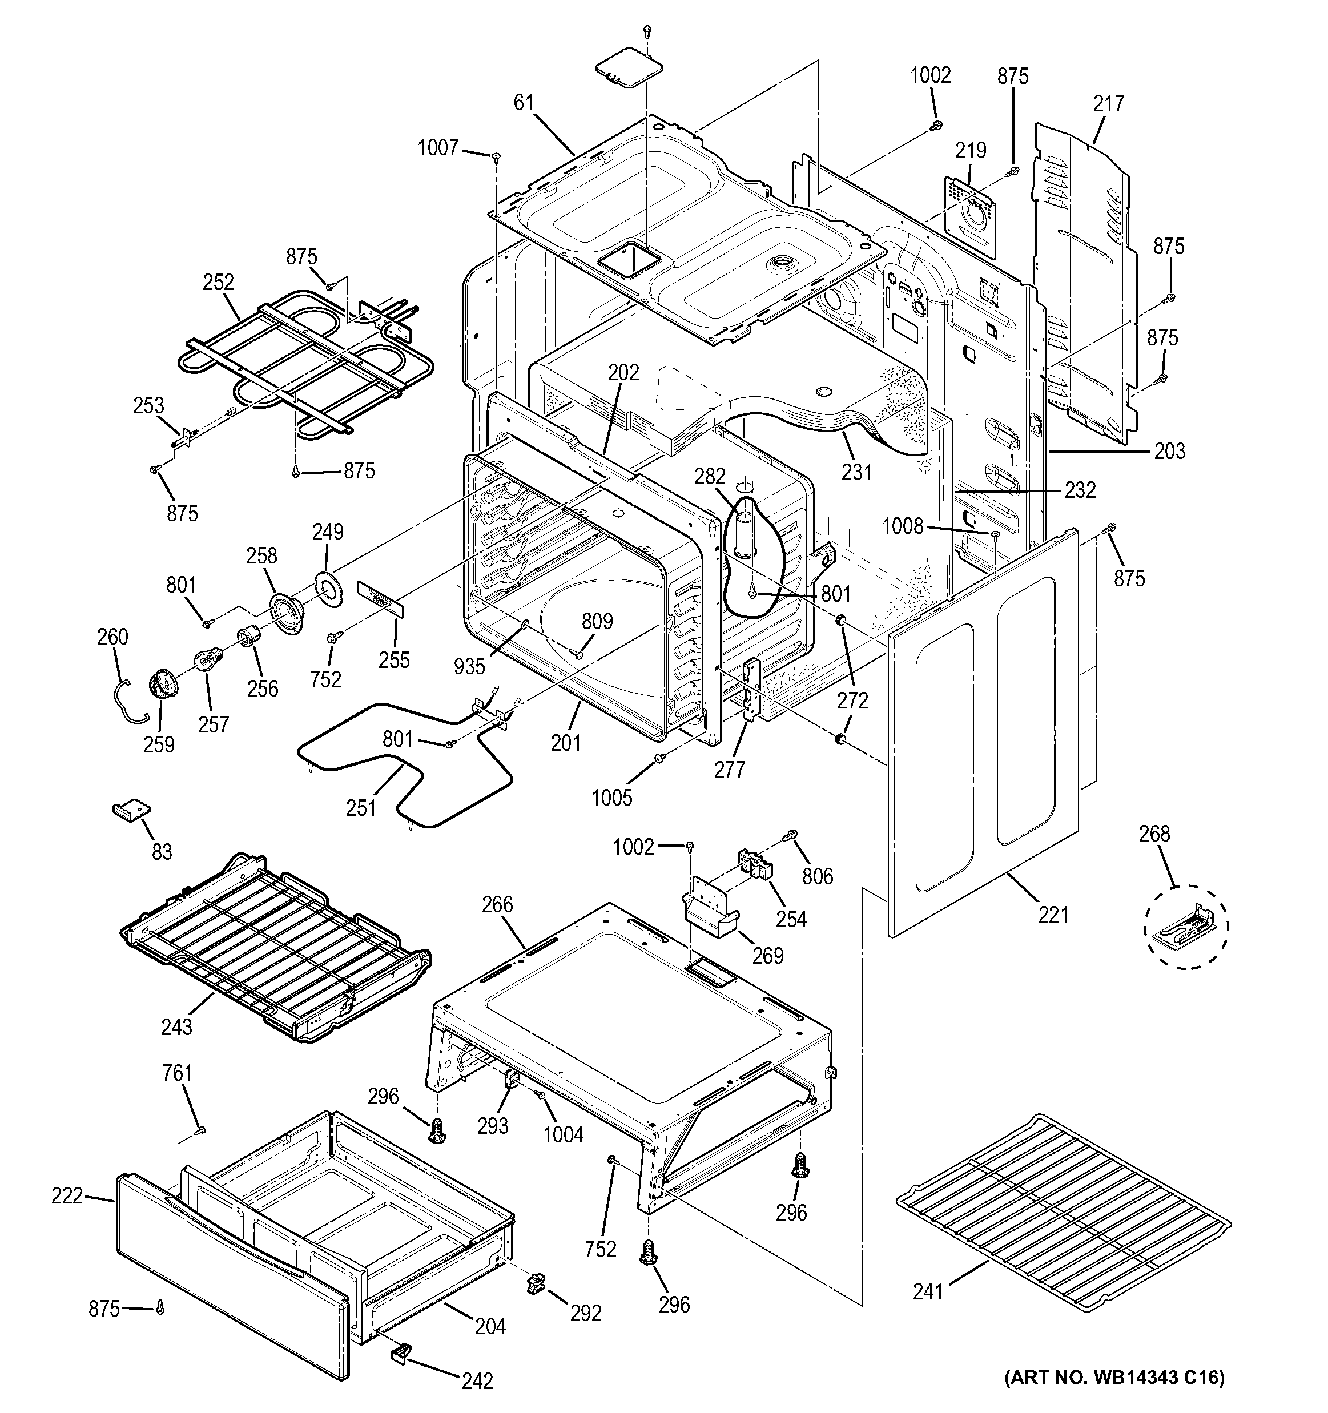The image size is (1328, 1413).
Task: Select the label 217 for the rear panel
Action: pos(1108,104)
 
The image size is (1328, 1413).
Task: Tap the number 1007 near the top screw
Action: pos(437,148)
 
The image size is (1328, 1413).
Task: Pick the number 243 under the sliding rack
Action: pos(176,1026)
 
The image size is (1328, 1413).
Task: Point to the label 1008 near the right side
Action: pos(902,527)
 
